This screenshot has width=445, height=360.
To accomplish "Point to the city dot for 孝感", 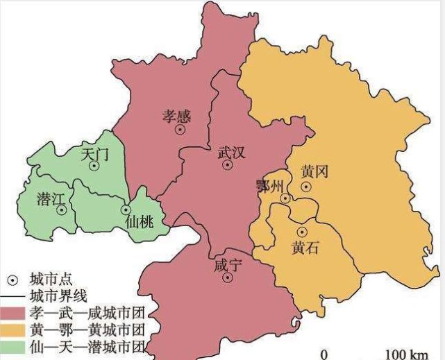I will [180, 129].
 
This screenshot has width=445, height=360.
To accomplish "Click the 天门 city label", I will [94, 153].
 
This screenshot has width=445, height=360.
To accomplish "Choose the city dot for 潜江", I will [62, 209].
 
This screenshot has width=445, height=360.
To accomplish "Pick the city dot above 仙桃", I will [126, 209].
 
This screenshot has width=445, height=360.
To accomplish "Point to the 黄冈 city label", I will [314, 171].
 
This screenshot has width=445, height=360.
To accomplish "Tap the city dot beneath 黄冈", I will [305, 186].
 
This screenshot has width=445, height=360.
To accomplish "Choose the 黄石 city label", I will [305, 248].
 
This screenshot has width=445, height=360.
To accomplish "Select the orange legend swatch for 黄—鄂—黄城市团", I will [13, 328].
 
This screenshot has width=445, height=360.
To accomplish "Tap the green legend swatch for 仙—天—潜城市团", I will [13, 345].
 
